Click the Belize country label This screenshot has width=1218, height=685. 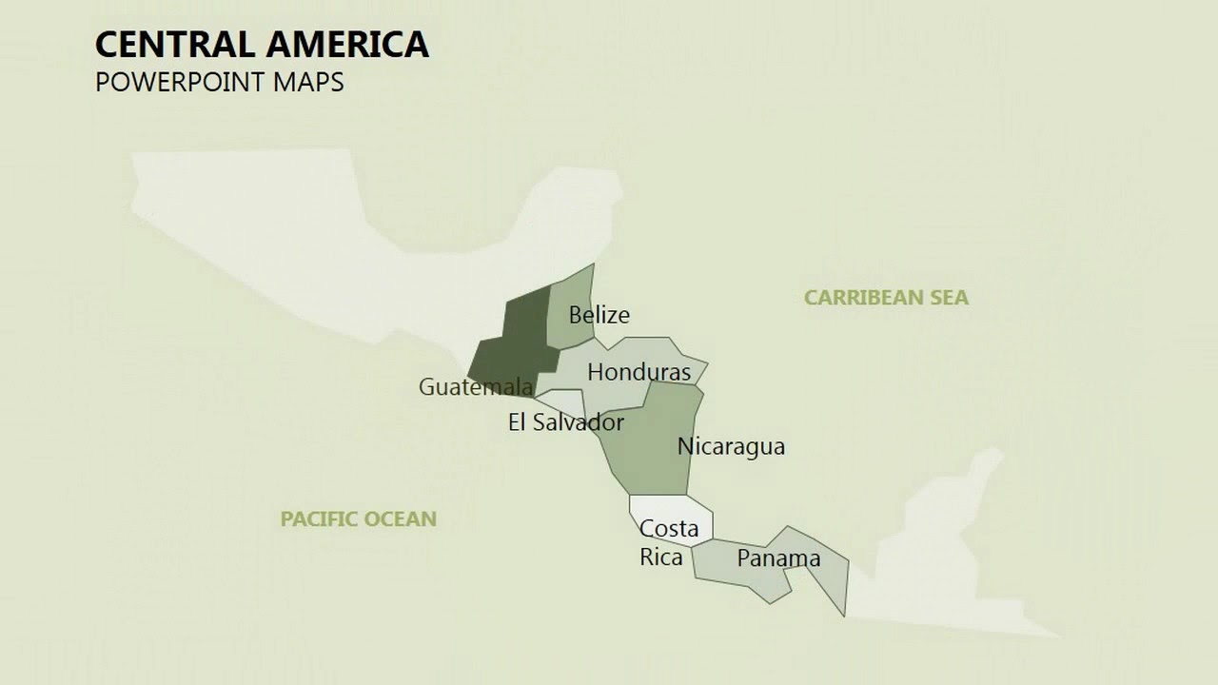coord(599,315)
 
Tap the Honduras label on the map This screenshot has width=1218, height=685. coord(638,372)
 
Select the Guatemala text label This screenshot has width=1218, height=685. coord(475,387)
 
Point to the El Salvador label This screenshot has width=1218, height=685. coord(565,422)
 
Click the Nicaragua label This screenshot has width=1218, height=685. coord(731,446)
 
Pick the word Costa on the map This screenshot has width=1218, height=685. coord(669,529)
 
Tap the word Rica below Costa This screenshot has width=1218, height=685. coord(660,558)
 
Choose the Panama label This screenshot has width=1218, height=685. coord(777,558)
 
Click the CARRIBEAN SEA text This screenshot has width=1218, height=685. coord(886,298)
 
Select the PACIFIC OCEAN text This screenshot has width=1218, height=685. coord(358,519)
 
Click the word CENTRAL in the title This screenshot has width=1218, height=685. coord(174,45)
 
